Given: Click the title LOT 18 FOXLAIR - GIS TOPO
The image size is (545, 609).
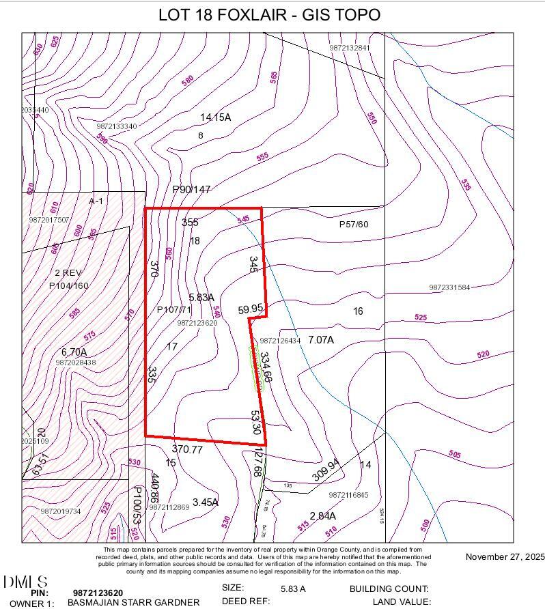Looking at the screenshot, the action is pyautogui.click(x=269, y=14).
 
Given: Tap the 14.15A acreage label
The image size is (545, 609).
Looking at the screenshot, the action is pyautogui.click(x=215, y=117).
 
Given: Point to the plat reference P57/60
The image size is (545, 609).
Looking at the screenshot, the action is pyautogui.click(x=354, y=224).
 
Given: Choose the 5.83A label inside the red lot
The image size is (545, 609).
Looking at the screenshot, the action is pyautogui.click(x=201, y=297).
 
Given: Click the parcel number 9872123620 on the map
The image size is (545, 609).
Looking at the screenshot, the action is pyautogui.click(x=197, y=323).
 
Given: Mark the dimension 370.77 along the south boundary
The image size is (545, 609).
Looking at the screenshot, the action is pyautogui.click(x=187, y=449).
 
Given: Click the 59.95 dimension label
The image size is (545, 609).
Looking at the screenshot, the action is pyautogui.click(x=251, y=309).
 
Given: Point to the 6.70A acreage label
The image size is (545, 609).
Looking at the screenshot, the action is pyautogui.click(x=74, y=352).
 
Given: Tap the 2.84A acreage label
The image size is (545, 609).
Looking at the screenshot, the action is pyautogui.click(x=322, y=515).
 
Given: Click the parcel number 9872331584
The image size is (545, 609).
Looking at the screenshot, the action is pyautogui.click(x=450, y=287).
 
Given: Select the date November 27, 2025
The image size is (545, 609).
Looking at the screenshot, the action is pyautogui.click(x=505, y=557).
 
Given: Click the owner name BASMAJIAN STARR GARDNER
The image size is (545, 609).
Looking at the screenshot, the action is pyautogui.click(x=133, y=602).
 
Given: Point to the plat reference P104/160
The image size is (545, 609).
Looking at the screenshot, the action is pyautogui.click(x=69, y=285).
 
